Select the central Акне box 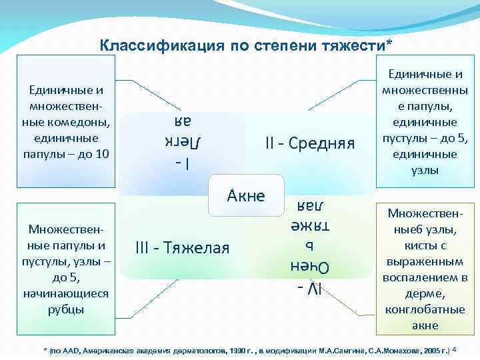coord(246,195)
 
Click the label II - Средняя coord(309,143)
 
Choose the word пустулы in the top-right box coord(403,138)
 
